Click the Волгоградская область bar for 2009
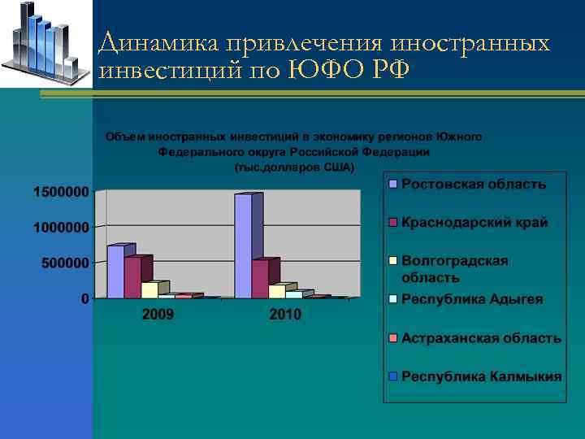click(x=149, y=290)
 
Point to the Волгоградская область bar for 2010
click(x=277, y=291)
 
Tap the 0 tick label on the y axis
click(x=84, y=299)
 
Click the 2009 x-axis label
click(x=158, y=314)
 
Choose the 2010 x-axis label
click(x=285, y=314)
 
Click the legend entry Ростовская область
click(x=474, y=185)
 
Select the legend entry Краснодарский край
click(x=474, y=223)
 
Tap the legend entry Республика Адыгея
click(x=472, y=299)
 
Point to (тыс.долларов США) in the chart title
click(x=293, y=168)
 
